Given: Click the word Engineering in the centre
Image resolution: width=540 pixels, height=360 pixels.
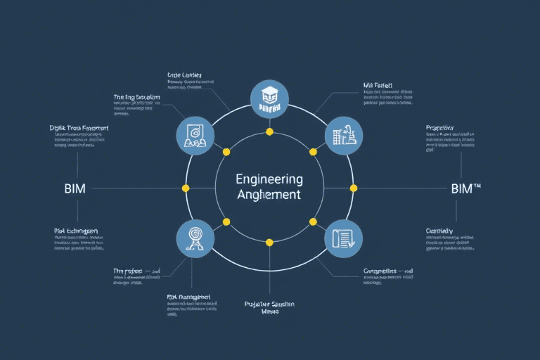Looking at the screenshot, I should point(269,179).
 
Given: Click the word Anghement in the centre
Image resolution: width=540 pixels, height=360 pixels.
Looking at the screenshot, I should point(269,195).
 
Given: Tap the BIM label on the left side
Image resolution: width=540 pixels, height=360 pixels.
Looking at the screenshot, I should point(75,188).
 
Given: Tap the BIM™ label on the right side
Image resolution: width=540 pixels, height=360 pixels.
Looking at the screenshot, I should point(466,188).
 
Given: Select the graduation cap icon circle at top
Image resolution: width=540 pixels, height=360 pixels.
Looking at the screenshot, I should point(269,99).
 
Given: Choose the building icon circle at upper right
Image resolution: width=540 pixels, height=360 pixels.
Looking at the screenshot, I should point(343,135).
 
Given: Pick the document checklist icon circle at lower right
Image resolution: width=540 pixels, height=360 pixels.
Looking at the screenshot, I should point(343,238).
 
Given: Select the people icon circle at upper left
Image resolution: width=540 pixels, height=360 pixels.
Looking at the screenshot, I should point(195,135).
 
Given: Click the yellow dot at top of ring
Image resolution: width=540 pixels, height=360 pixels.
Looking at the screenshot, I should point(269,132).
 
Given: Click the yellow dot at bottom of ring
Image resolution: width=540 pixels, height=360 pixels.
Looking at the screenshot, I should point(269,243).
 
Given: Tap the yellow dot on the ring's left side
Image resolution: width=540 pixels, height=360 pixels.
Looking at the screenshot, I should point(186,188).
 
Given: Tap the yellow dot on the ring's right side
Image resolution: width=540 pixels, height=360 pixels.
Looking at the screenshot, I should point(354,188).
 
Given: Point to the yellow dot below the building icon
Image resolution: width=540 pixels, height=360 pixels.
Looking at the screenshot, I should point(313,152).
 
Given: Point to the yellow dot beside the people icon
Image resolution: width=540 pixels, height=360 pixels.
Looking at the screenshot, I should point(226,152).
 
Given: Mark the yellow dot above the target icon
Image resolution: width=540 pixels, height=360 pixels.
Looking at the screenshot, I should point(226,221).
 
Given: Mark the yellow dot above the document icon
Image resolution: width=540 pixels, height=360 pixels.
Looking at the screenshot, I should point(313,221).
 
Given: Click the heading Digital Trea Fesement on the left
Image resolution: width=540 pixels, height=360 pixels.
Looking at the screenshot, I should point(79,129).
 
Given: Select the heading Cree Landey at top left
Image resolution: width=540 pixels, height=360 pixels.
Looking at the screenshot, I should point(184,75).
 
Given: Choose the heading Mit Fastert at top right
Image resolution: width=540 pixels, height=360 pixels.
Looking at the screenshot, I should point(378,86).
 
